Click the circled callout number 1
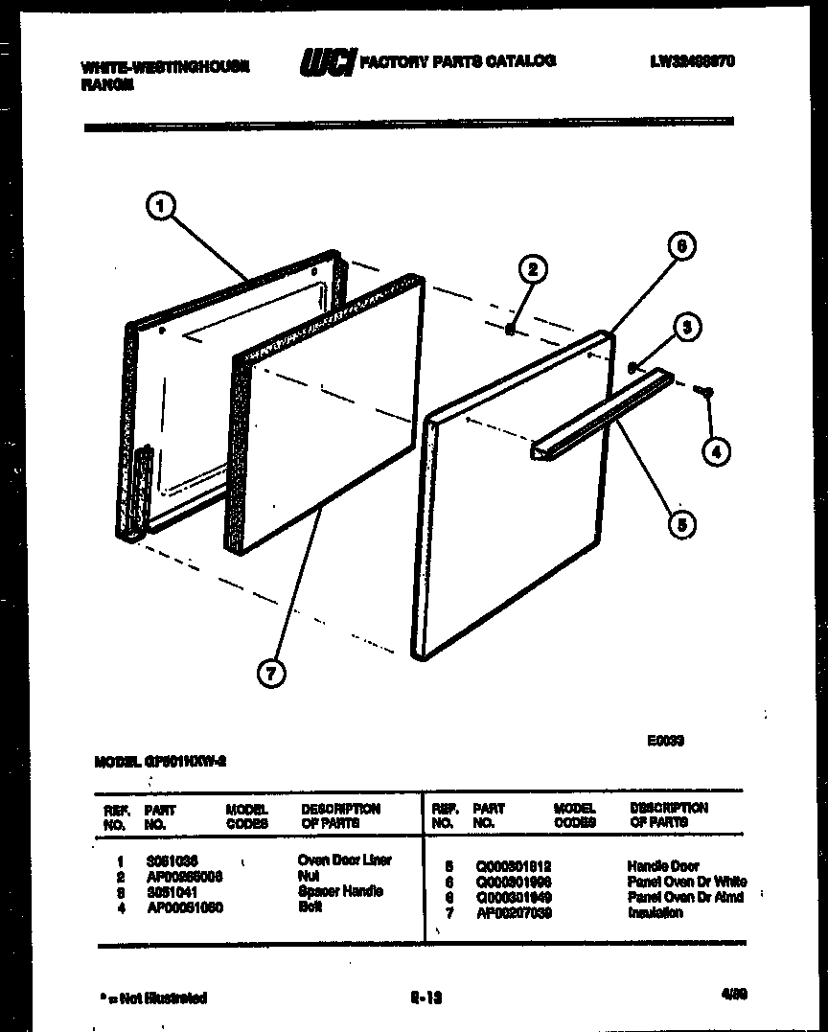pos(163,205)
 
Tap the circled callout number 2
pos(533,269)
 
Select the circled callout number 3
pos(686,328)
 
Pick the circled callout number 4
pos(715,449)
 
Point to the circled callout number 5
pos(680,524)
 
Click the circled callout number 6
pos(679,246)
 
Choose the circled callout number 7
pos(272,675)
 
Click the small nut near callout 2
pos(511,330)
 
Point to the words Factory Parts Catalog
pos(457,61)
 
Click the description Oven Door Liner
pos(345,860)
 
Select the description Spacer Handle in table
pos(340,891)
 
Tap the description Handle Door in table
pos(663,866)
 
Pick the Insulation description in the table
pos(655,913)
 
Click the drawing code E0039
pos(664,740)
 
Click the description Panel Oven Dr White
pos(687,882)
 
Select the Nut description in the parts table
pos(308,876)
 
